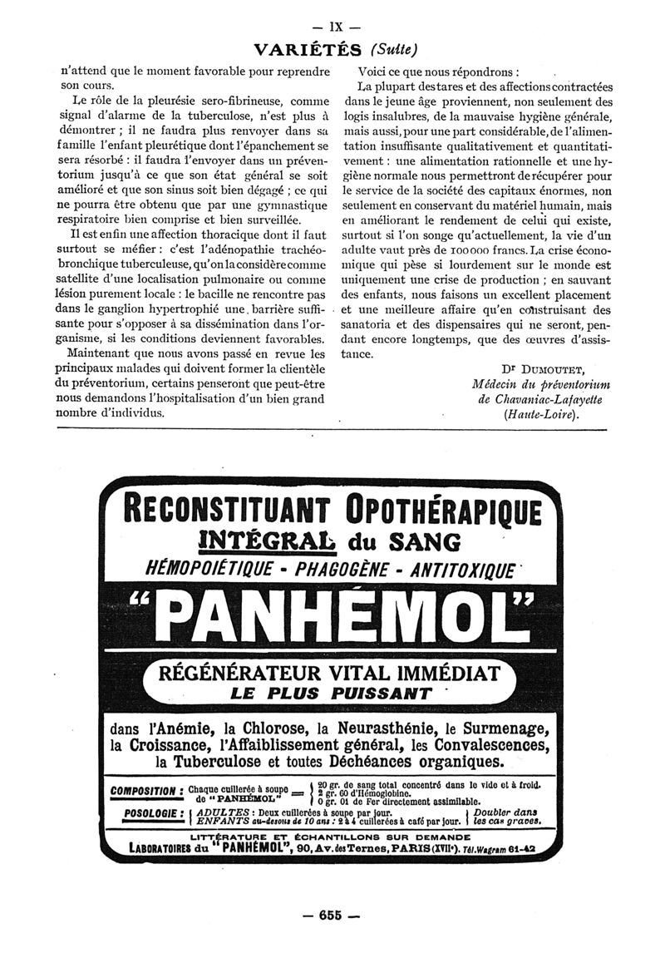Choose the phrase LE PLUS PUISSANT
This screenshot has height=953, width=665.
click(331, 693)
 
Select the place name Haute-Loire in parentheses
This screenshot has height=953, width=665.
click(539, 416)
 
